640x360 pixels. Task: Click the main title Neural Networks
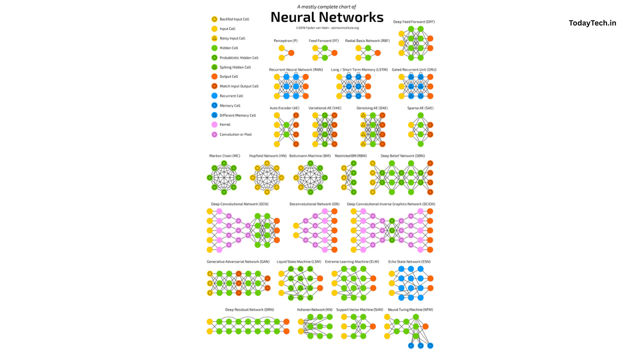327,17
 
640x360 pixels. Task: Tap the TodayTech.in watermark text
592,23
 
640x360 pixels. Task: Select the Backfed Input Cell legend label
234,19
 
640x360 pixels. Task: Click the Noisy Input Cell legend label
232,38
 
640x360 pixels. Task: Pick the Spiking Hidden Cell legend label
235,67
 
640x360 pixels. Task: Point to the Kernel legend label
225,124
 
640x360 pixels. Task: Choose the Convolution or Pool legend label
236,134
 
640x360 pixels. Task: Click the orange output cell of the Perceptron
291,53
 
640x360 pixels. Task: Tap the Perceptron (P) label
286,40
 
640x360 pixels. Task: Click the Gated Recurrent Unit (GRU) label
414,69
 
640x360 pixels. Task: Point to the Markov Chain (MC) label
224,155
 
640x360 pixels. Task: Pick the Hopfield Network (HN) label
268,155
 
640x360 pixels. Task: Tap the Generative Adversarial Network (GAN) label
238,261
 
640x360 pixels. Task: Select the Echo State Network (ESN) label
409,261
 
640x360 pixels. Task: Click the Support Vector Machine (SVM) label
359,309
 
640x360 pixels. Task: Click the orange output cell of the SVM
373,326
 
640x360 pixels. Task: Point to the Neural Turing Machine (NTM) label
410,309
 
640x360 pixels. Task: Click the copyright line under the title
327,28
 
